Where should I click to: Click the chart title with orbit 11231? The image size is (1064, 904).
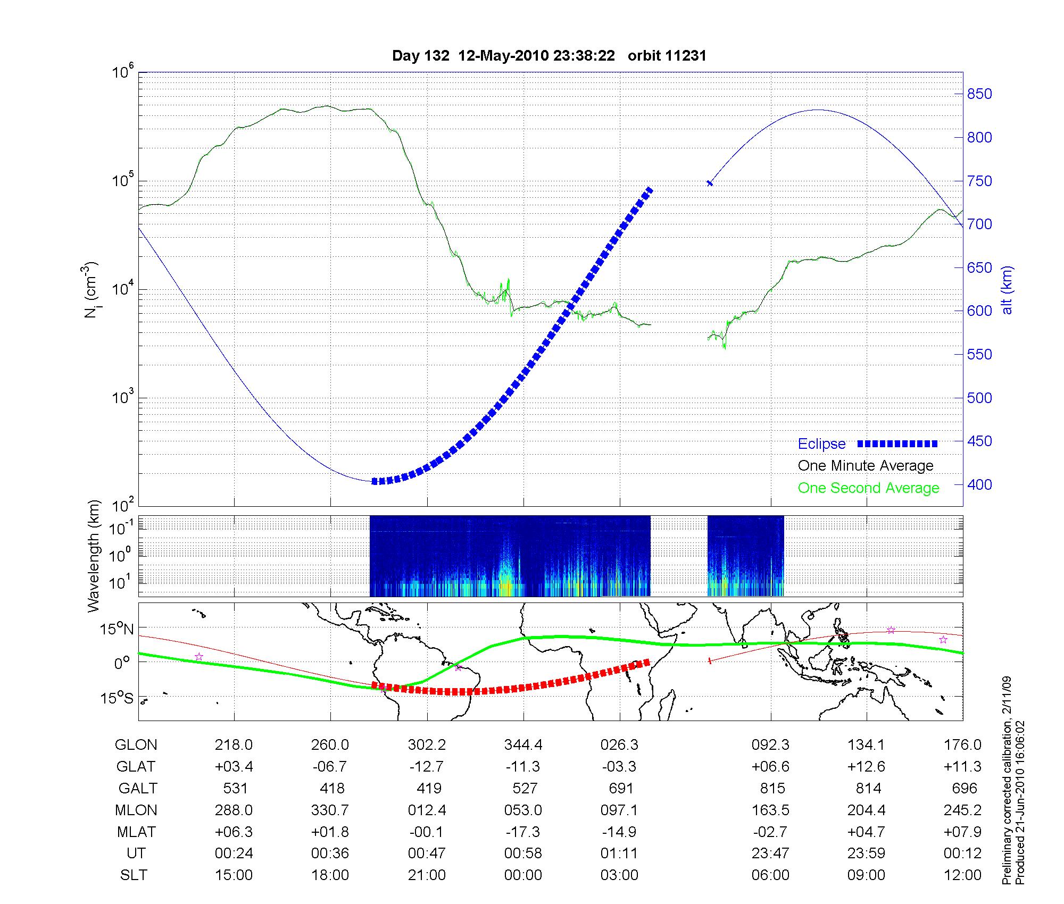coord(549,56)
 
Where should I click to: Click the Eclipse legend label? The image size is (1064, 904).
coord(821,443)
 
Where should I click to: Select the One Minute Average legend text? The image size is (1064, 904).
coord(866,466)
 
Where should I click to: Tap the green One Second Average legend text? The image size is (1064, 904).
coord(868,488)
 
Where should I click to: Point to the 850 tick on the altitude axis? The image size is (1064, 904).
coord(979,94)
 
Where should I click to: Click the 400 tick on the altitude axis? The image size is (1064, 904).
coord(979,484)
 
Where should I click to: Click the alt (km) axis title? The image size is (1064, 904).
coord(1007,290)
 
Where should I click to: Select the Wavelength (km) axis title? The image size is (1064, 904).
coord(94,556)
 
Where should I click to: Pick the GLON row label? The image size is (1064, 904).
coord(136,745)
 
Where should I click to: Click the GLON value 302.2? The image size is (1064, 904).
coord(427,745)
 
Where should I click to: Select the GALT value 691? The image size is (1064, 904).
coord(620,788)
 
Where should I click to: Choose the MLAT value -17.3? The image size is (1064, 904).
coord(523,832)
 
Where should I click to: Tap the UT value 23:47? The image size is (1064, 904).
coord(770,853)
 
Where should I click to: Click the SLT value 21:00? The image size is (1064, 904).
coord(427,875)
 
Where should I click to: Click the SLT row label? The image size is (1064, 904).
coord(134,875)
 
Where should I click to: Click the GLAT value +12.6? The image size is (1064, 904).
coord(867,767)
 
